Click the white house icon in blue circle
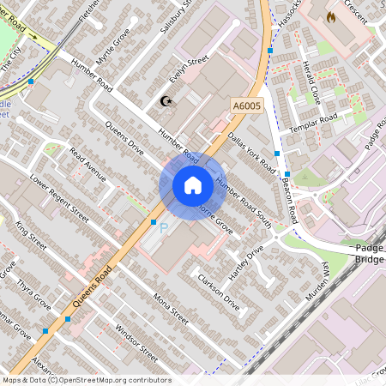pos(192,185)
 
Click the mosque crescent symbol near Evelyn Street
pos(166,102)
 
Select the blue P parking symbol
pos(164,228)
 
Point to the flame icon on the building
pos(330,16)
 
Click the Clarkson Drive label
pos(218,292)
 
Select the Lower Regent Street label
pos(59,196)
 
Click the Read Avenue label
pos(87,166)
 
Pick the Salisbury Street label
pos(175,19)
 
